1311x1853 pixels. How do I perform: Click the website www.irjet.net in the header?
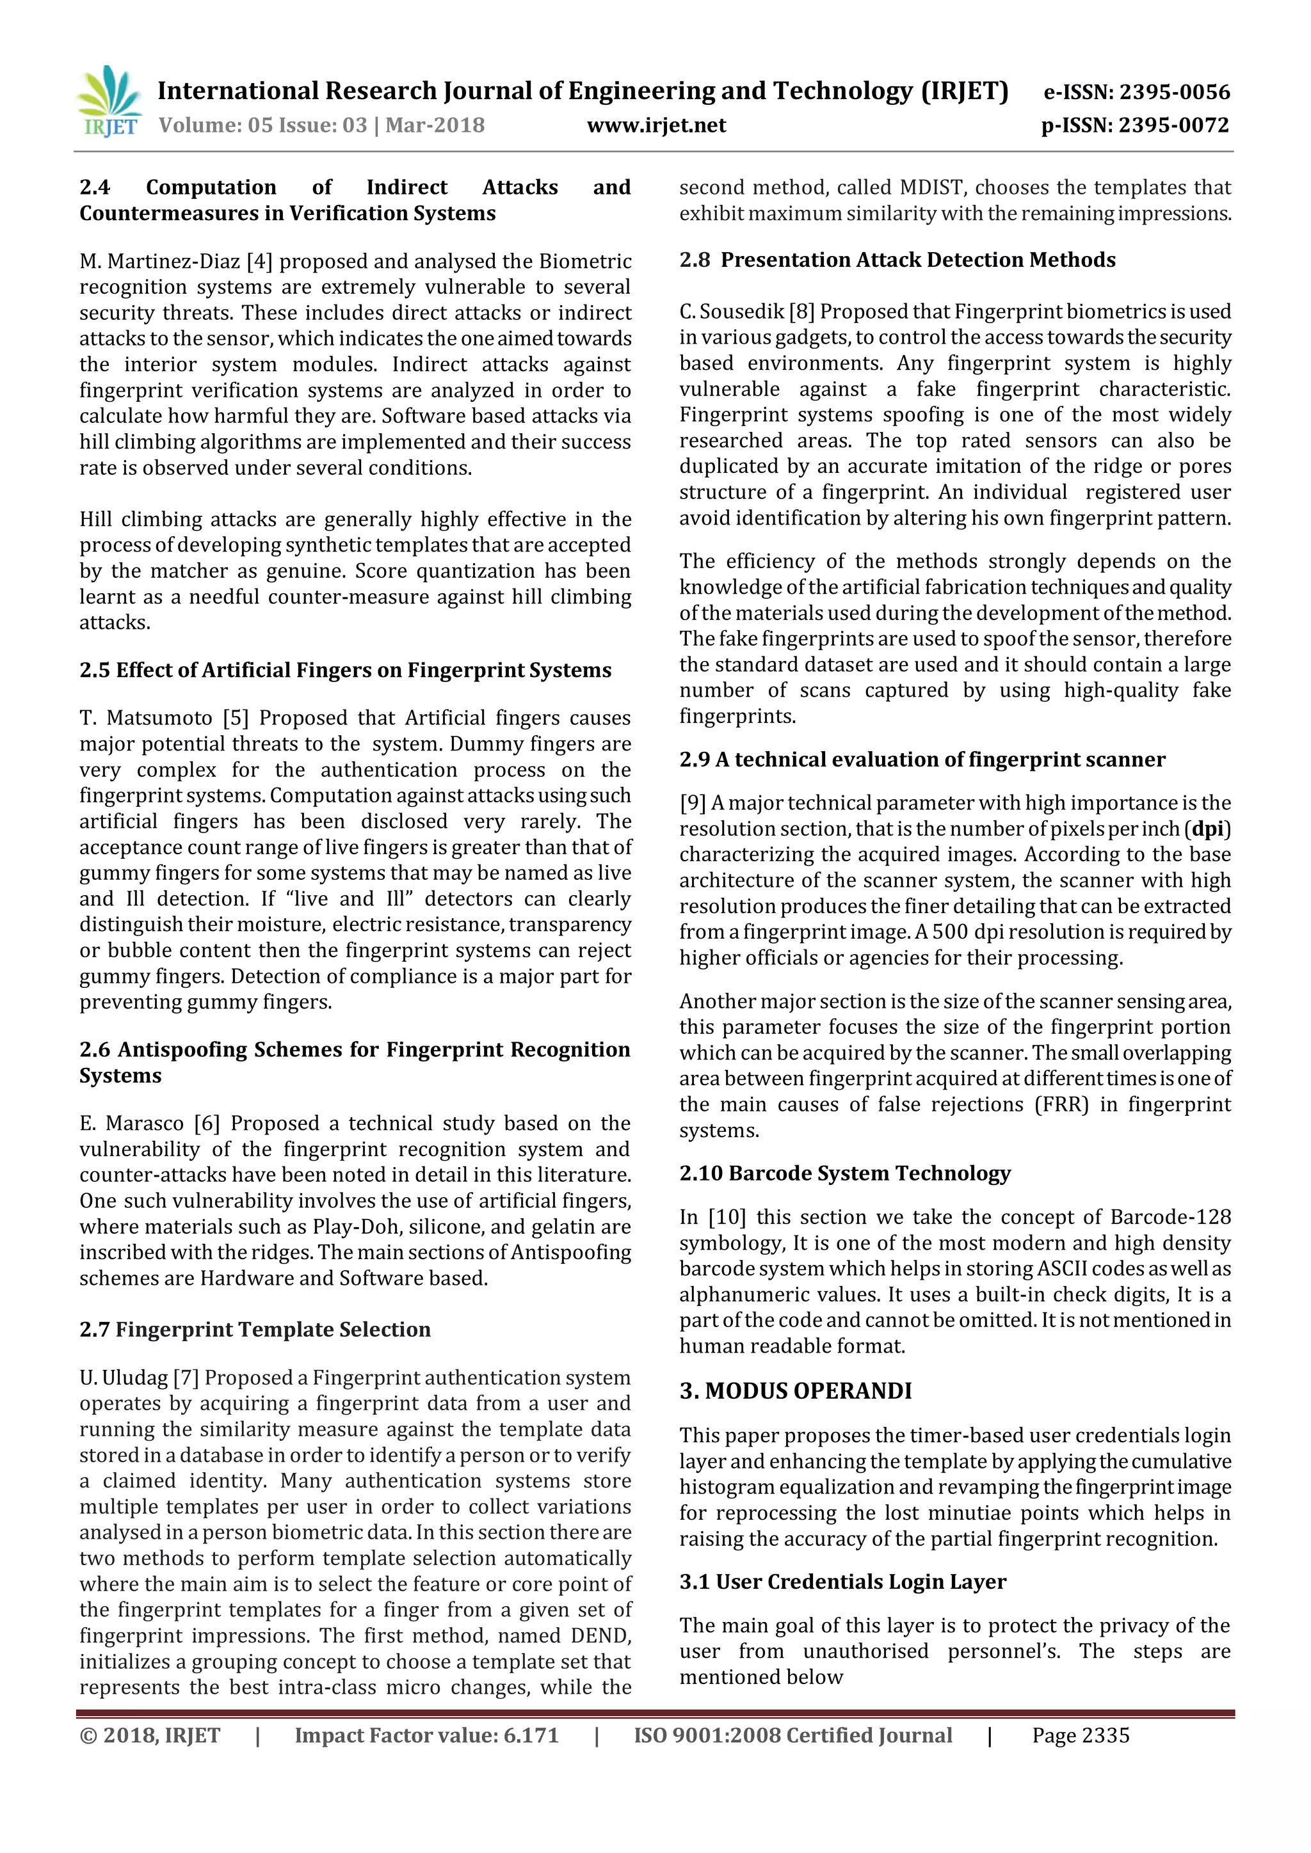click(x=656, y=125)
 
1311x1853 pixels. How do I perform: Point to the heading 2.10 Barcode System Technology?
click(x=844, y=1173)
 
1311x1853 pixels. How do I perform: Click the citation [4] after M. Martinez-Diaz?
click(x=260, y=262)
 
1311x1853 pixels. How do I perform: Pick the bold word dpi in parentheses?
click(x=1208, y=829)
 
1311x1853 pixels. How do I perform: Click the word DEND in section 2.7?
click(x=600, y=1636)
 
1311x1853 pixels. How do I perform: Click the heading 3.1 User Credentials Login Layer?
click(x=843, y=1582)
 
